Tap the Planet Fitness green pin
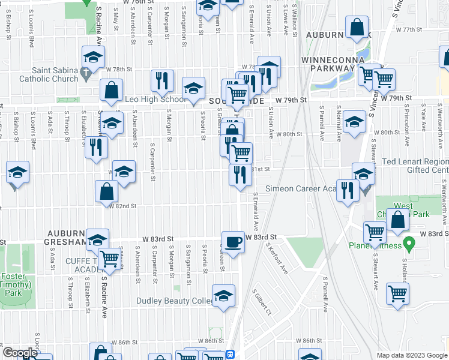point(409,244)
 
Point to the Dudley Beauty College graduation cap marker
point(223,296)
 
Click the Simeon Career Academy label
point(300,188)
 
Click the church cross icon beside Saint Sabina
point(86,75)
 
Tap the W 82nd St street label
point(123,206)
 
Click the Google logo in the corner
point(19,353)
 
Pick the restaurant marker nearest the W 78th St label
point(267,74)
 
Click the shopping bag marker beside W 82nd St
point(106,192)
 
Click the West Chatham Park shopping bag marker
point(398,220)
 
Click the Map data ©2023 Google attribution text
point(411,355)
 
